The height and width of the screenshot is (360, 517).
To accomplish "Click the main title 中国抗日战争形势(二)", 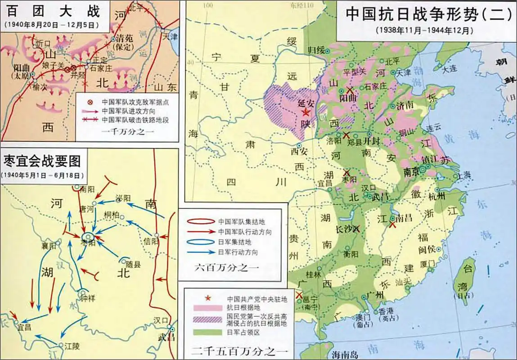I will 428,14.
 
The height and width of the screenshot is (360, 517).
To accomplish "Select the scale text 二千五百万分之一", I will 236,350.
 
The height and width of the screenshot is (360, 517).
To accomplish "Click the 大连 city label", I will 450,69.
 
